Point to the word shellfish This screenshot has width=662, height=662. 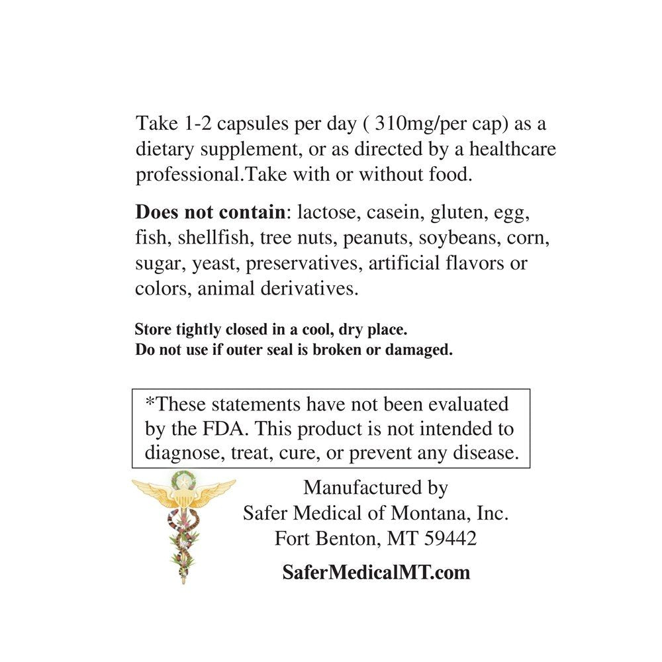[x=213, y=238]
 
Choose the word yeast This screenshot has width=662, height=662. [x=216, y=263]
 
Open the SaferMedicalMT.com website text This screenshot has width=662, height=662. [x=376, y=572]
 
